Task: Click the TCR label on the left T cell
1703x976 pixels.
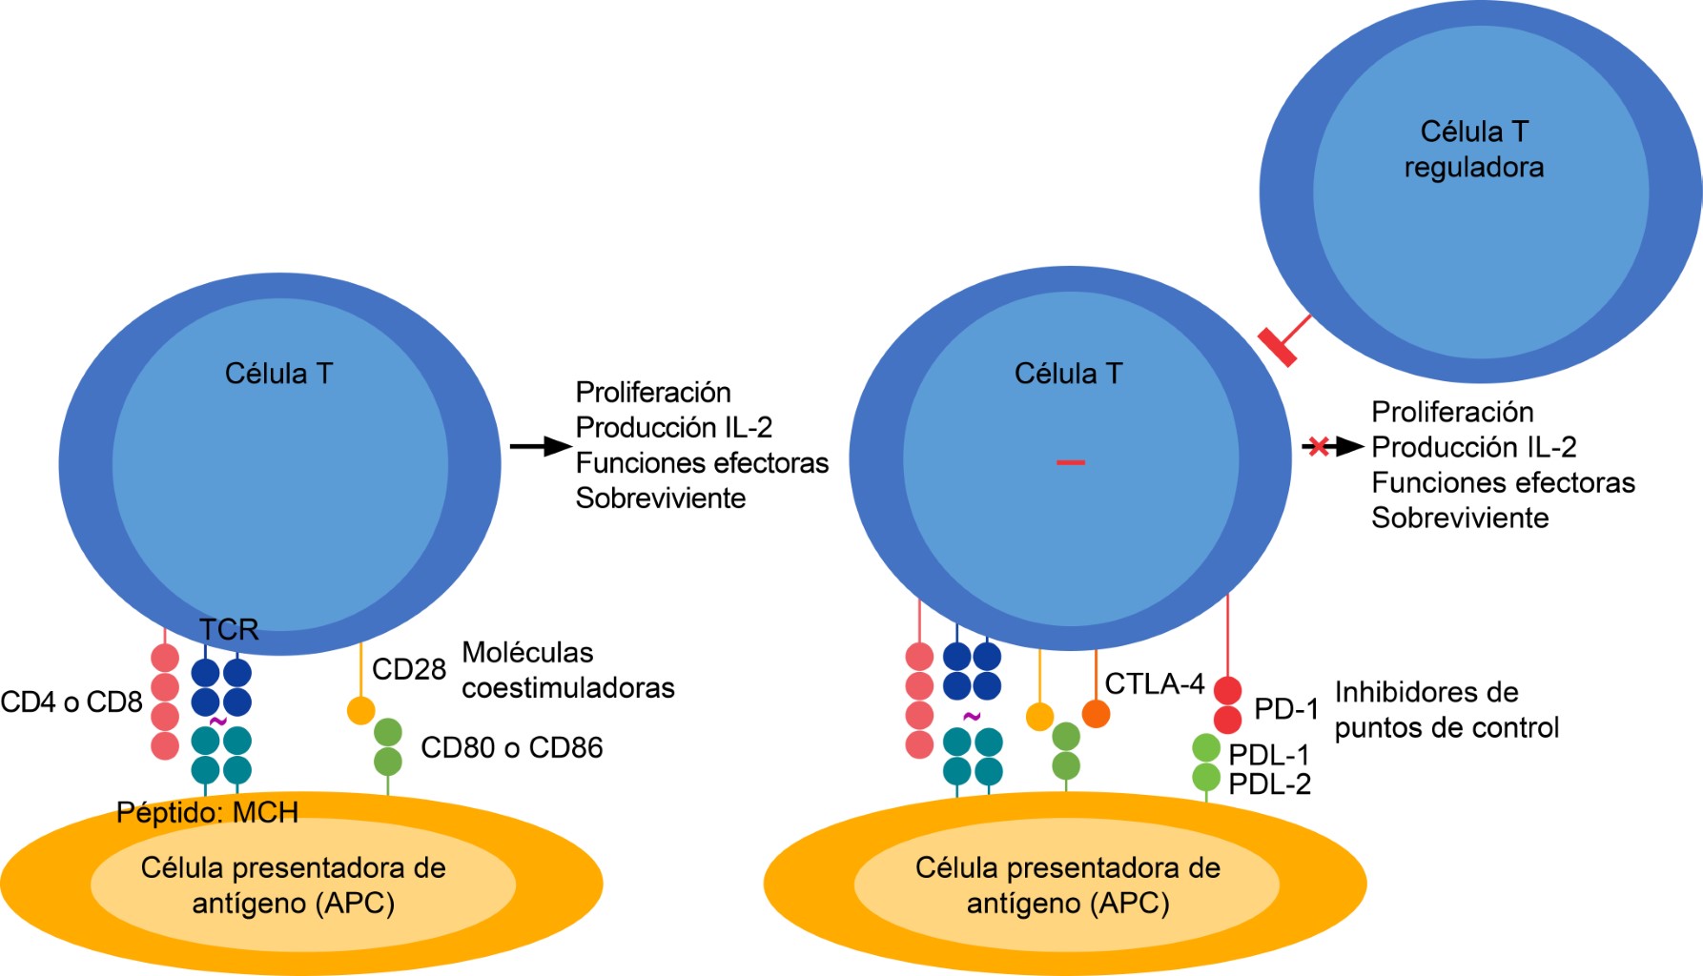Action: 229,629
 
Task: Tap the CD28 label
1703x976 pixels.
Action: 408,669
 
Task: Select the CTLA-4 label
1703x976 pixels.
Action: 1154,683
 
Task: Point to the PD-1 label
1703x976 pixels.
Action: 1285,709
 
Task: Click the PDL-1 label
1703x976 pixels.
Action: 1268,755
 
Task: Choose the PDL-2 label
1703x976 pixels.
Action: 1269,784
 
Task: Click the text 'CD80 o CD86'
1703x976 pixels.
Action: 511,747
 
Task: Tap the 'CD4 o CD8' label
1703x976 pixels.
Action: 71,702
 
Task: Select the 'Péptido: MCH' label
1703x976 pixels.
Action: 207,812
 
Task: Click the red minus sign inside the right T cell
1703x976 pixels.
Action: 1070,462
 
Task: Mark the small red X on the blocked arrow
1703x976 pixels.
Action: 1318,446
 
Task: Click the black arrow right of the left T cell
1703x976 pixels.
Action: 540,445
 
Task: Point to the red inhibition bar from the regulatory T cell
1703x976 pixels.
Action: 1278,346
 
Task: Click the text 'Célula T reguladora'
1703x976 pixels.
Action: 1474,149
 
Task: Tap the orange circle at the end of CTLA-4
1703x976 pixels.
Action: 1096,713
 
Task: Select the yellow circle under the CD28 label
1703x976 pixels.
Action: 360,710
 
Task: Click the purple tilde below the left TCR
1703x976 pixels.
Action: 217,722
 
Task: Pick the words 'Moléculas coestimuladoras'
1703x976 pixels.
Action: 567,670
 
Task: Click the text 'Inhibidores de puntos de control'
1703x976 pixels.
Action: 1446,710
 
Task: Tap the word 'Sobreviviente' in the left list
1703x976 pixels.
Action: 660,498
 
